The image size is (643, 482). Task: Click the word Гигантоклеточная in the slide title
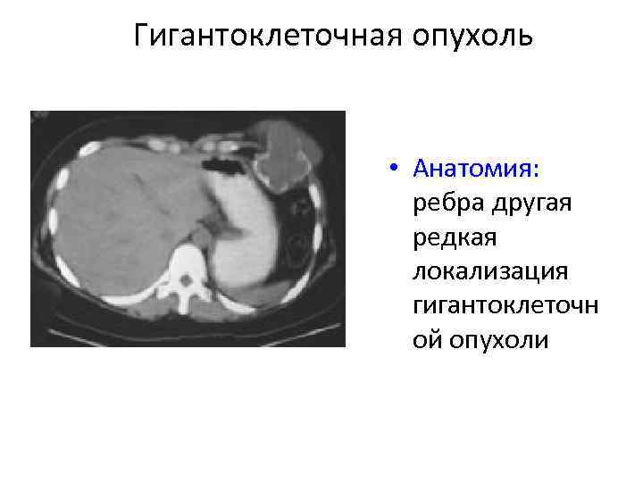click(x=268, y=37)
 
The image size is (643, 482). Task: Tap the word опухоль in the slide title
click(x=472, y=37)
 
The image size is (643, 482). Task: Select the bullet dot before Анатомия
click(x=393, y=170)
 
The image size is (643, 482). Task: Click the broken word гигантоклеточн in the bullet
click(x=505, y=306)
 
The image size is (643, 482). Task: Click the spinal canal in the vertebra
click(x=185, y=281)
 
